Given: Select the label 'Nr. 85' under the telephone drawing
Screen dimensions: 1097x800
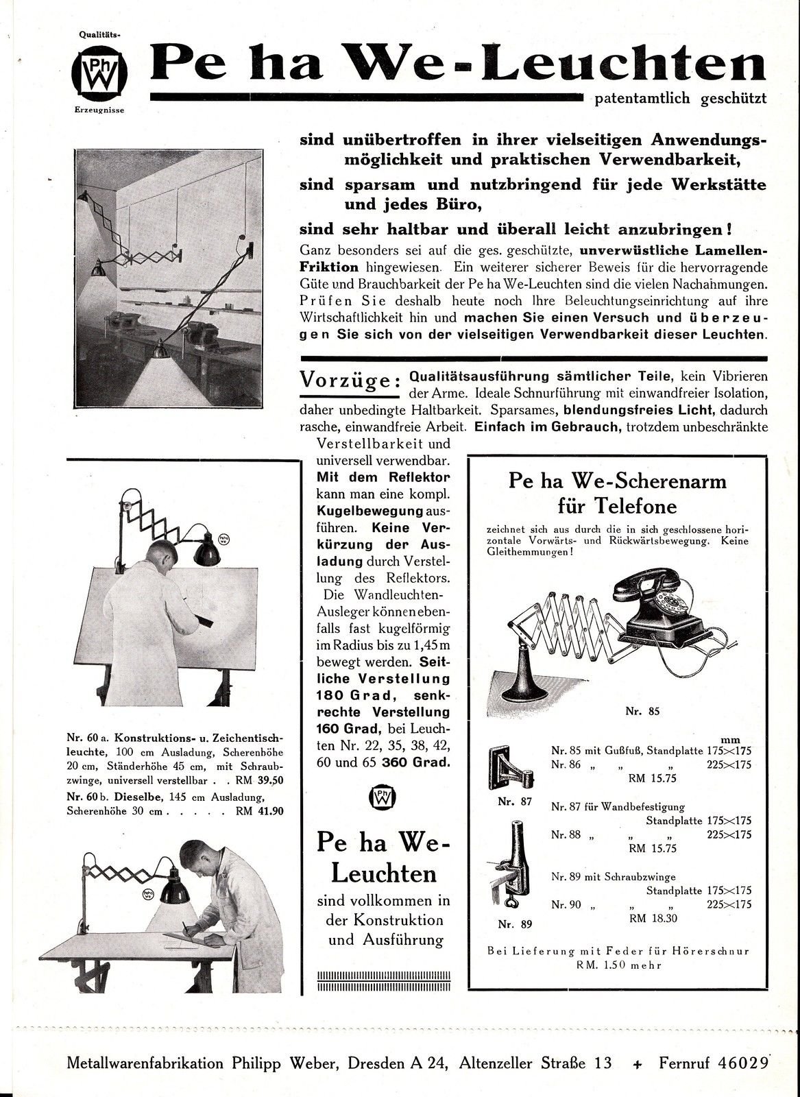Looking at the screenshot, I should pyautogui.click(x=642, y=710).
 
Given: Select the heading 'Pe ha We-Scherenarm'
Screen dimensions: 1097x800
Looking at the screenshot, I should pyautogui.click(x=617, y=481).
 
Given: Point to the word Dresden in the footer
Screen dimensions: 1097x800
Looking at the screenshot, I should pyautogui.click(x=376, y=1063).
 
